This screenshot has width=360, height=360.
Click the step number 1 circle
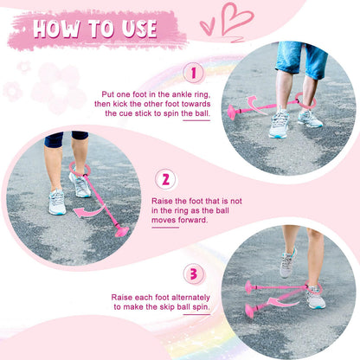click(x=194, y=73)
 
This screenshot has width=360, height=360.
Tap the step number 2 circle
click(x=165, y=179)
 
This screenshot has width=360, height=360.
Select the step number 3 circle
click(x=194, y=274)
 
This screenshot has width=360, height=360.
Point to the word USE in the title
click(x=139, y=29)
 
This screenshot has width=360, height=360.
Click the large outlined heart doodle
click(x=235, y=20)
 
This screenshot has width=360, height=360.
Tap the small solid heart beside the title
click(x=208, y=26)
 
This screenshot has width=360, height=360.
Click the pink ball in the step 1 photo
click(x=233, y=112)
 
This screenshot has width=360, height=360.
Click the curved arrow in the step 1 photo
click(x=254, y=105)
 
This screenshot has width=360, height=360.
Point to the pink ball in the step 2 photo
click(x=122, y=231)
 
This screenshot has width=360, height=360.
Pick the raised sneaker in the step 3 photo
click(x=287, y=263)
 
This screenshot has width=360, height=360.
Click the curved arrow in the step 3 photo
click(x=284, y=302)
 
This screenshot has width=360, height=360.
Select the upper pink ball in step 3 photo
click(x=248, y=287)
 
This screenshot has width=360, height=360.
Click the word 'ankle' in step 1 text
click(x=181, y=94)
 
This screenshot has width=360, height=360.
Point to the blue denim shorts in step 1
click(x=301, y=59)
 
